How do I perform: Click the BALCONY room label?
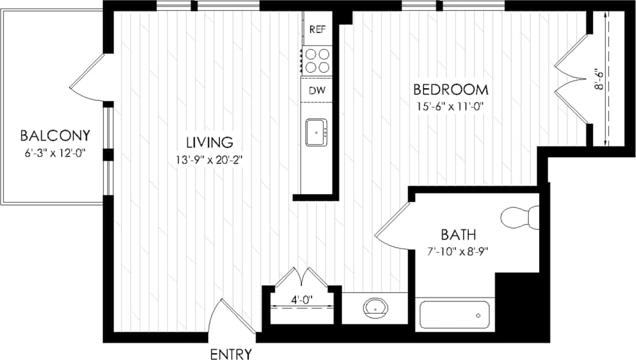click(55, 136)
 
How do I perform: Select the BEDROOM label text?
click(451, 90)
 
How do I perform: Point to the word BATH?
click(459, 235)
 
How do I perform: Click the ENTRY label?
click(231, 354)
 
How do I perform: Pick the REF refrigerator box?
click(317, 29)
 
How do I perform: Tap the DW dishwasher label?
click(316, 90)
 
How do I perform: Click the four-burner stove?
click(317, 60)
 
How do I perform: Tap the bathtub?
click(453, 315)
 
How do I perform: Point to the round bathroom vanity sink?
click(376, 309)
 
